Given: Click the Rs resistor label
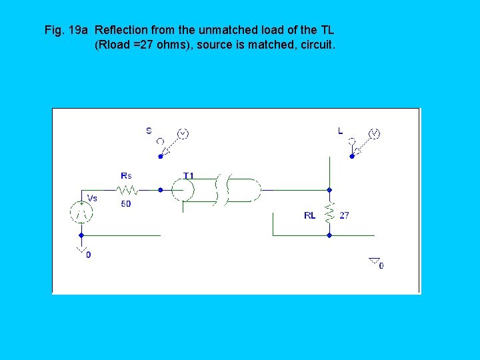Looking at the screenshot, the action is pos(126,175).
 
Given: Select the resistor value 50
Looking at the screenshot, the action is pos(126,204).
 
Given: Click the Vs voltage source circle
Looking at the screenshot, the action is pos(81,213).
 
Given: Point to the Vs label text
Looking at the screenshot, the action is pos(92,197).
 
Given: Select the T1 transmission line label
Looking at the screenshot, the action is pos(189,176).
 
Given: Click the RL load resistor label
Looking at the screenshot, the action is pos(310,215).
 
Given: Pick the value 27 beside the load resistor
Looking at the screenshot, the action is pos(344,215).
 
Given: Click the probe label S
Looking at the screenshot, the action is pos(149,131).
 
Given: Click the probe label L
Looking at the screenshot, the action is pos(340,131).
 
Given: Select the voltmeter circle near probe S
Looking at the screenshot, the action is pos(182,134).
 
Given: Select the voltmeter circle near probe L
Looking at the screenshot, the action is pos(374,134).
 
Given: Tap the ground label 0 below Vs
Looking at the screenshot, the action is pos(89,255).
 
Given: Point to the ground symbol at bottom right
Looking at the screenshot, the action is pos(374,261).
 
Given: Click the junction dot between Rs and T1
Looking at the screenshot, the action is pos(160,189).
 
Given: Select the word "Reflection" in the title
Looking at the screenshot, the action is pos(122,30).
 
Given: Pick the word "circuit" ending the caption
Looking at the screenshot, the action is pos(318,46).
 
